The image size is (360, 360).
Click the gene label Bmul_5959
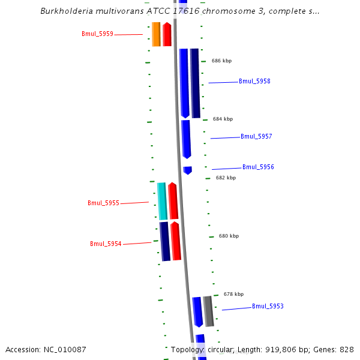click(x=97, y=34)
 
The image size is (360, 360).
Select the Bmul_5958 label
click(x=254, y=82)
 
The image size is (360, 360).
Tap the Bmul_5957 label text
click(x=256, y=137)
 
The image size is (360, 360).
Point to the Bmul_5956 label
click(x=258, y=167)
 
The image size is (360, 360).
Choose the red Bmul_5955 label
click(x=103, y=203)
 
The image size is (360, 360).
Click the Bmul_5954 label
click(x=106, y=244)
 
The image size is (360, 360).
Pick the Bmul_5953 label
click(x=268, y=307)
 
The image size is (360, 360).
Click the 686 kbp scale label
click(x=221, y=61)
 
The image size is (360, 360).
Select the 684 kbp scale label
click(x=223, y=119)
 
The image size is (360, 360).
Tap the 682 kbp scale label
click(x=226, y=178)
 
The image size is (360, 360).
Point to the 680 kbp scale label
click(x=229, y=236)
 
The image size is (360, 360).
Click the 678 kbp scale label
click(x=233, y=295)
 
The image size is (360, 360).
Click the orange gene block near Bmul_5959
click(x=156, y=34)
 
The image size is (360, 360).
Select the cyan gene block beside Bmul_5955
click(x=161, y=201)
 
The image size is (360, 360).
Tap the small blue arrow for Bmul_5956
click(x=188, y=170)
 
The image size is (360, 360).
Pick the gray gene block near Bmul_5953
click(x=208, y=311)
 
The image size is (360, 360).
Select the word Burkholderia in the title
click(x=65, y=11)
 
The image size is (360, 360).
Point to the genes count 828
click(x=347, y=350)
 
